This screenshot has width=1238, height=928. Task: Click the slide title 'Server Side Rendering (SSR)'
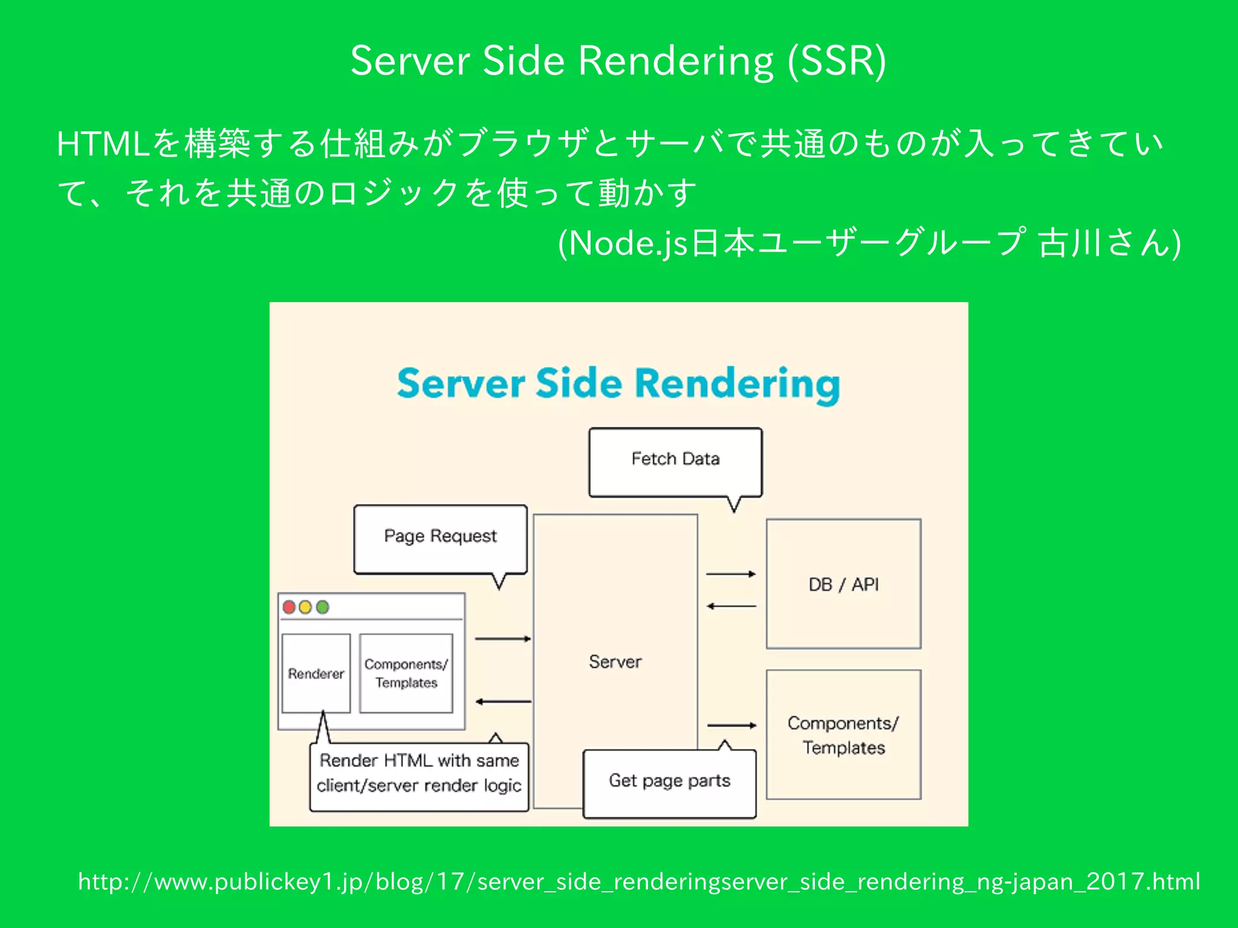(618, 61)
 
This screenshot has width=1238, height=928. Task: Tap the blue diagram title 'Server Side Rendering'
(618, 384)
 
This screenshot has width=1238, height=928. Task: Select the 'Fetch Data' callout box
(675, 460)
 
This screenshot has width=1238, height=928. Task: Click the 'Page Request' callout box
(440, 537)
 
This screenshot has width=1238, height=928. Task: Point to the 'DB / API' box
(843, 584)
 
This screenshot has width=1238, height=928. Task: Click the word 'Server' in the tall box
(615, 662)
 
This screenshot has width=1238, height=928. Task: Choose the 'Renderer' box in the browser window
(316, 674)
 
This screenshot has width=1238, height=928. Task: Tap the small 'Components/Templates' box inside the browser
(406, 674)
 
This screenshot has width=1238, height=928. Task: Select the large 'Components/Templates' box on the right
(843, 735)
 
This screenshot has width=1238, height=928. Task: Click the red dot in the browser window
(289, 607)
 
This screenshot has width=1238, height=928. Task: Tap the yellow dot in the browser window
(306, 607)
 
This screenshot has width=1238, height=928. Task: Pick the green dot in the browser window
(323, 607)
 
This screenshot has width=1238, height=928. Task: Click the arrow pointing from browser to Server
(502, 639)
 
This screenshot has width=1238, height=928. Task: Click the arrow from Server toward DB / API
(731, 574)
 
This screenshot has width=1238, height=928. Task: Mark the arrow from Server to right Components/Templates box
(731, 725)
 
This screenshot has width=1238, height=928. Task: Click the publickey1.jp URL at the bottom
(639, 882)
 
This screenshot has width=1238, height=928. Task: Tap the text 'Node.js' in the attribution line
(629, 244)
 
